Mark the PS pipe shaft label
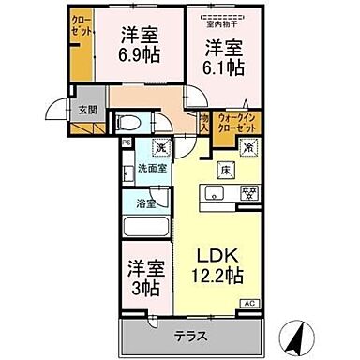pyautogui.click(x=127, y=142)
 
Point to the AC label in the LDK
pyautogui.click(x=250, y=303)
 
